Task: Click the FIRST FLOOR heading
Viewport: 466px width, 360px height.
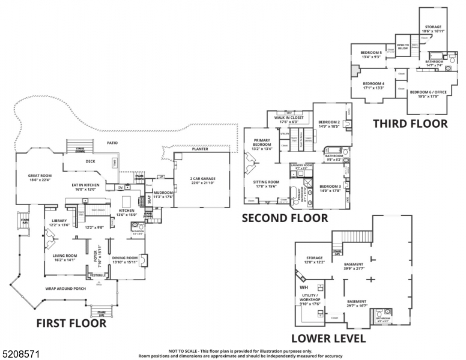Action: (x=71, y=323)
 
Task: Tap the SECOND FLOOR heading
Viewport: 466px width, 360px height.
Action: (x=285, y=218)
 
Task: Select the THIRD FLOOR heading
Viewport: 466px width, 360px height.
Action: (x=410, y=124)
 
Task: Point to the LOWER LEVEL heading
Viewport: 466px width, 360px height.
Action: (x=328, y=338)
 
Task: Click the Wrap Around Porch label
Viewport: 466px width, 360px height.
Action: (x=65, y=289)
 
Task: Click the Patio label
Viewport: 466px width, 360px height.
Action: (x=111, y=143)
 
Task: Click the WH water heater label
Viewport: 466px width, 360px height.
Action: (x=303, y=288)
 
